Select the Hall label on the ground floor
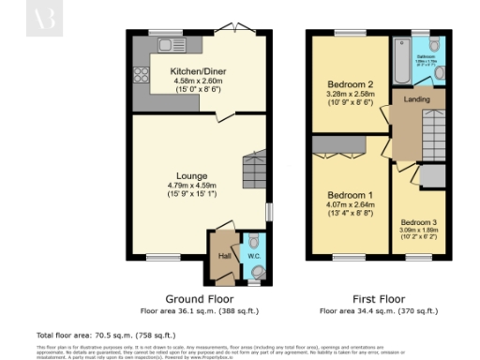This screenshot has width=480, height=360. click(x=224, y=254)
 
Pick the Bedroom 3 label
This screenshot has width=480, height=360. click(x=419, y=222)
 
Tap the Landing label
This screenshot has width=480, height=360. click(x=416, y=98)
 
